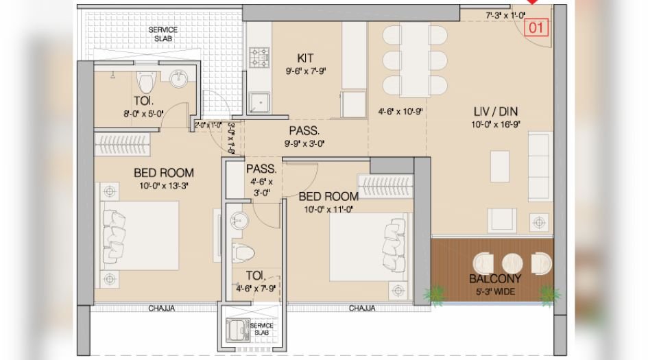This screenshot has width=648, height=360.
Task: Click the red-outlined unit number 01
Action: (537, 28)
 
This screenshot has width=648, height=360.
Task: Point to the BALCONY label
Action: (494, 279)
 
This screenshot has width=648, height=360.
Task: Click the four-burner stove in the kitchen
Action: (259, 58)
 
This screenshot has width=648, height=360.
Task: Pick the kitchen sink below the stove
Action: (259, 102)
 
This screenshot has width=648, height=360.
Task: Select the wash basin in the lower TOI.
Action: (238, 221)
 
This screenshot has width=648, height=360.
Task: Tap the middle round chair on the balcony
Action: (512, 263)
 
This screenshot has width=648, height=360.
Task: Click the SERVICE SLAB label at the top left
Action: (163, 34)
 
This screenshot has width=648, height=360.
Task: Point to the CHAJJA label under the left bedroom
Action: (162, 309)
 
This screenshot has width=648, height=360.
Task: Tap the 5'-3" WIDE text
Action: (494, 292)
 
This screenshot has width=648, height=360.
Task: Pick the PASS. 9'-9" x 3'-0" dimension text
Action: (304, 144)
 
